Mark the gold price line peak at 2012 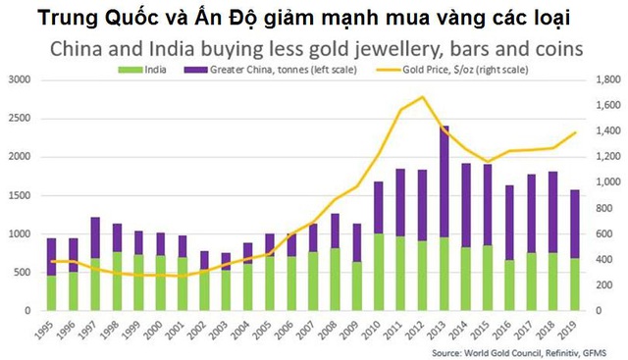[x=422, y=96]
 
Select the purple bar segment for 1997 [x=95, y=237]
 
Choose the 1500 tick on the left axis [x=19, y=195]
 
